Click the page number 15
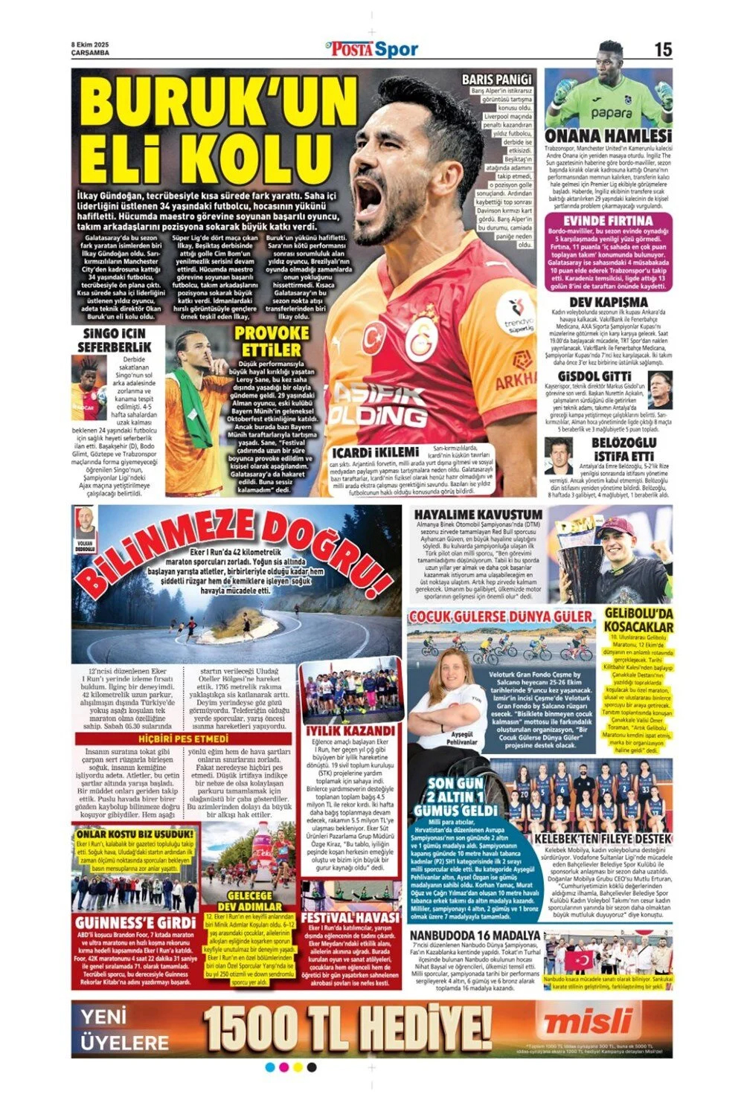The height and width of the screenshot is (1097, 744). (663, 49)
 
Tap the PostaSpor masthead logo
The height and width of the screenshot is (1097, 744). (373, 49)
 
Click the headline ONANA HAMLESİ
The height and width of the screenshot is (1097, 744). (608, 135)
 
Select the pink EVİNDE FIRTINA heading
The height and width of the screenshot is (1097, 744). (608, 221)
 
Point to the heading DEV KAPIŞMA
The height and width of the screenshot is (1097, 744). (608, 302)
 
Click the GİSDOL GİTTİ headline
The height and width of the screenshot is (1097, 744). (599, 376)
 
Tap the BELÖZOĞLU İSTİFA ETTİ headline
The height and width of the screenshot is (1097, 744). (623, 448)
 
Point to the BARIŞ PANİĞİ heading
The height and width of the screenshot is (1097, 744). (497, 79)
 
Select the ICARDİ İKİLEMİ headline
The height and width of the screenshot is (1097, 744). (375, 452)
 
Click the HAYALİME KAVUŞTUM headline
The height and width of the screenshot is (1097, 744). (478, 515)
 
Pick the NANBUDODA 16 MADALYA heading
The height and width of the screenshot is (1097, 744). (475, 934)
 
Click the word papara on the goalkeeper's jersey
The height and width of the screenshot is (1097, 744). (612, 114)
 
